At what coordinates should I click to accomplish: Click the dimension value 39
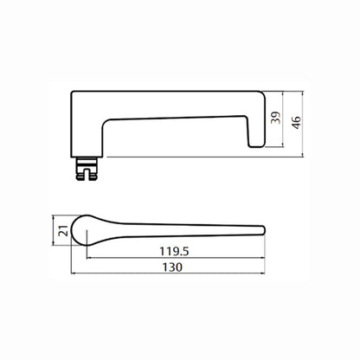coord(276,118)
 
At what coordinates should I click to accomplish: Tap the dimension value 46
coord(296,123)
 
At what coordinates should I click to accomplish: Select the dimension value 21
coord(63,231)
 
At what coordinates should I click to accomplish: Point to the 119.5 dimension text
coord(175,251)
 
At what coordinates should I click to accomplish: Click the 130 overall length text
coord(172,267)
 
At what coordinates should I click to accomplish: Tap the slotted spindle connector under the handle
coord(87,169)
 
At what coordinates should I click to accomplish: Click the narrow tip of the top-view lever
coord(262,230)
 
